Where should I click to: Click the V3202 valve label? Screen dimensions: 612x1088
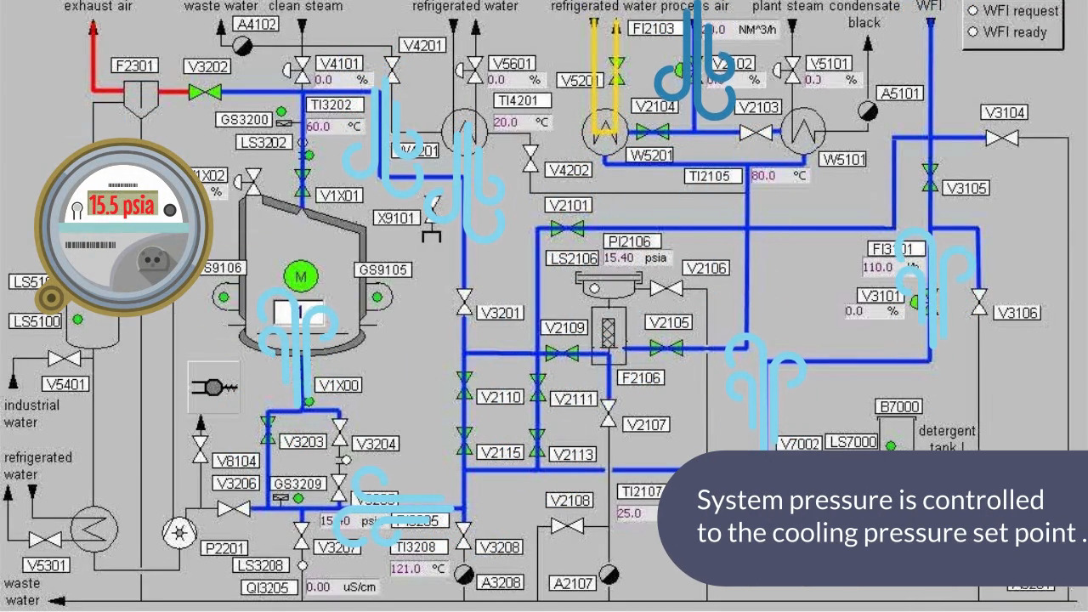pos(208,67)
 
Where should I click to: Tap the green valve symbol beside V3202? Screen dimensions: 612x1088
pos(205,92)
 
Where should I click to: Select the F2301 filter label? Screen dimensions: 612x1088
pos(135,65)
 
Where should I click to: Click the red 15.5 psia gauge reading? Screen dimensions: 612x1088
pos(122,206)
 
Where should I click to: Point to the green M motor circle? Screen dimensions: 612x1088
pos(300,277)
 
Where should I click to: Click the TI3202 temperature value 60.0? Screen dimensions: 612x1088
pos(319,127)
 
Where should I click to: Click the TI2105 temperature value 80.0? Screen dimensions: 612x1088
pos(763,176)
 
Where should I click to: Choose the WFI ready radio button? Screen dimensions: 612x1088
pos(973,32)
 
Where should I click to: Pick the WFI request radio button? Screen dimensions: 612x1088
pos(973,11)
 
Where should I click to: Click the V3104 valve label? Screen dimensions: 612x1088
pos(1004,113)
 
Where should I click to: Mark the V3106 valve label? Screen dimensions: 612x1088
pos(1017,313)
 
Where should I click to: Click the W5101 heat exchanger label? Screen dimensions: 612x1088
pos(842,160)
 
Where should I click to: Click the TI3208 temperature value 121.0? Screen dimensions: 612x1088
pos(405,569)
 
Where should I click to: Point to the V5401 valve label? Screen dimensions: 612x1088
pos(65,384)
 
